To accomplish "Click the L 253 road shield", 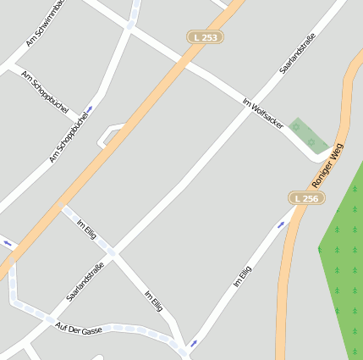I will (205, 37).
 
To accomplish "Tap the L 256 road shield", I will (307, 197).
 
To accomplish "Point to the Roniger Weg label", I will (328, 165).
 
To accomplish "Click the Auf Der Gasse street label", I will (78, 328).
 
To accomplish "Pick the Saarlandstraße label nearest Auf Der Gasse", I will (85, 281).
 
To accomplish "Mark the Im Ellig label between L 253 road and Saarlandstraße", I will (87, 230).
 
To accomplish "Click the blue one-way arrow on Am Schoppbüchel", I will (90, 109).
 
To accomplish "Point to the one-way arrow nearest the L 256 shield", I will (282, 225).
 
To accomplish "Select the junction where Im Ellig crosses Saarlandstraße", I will (113, 252).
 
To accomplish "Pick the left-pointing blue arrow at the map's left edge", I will (8, 244).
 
